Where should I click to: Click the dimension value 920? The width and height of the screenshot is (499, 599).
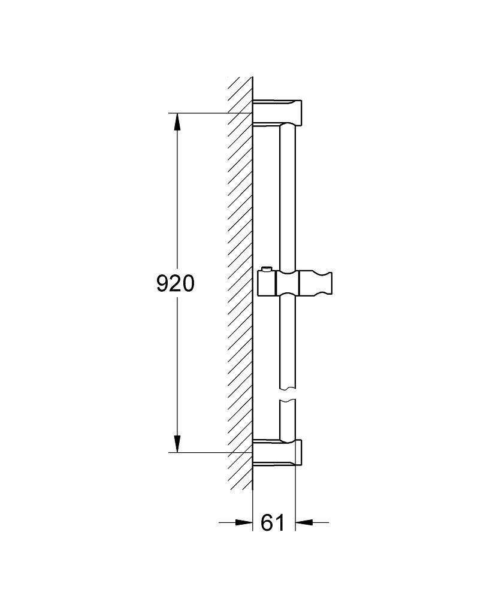[x=176, y=283]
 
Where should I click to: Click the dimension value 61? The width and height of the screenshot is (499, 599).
[x=273, y=522]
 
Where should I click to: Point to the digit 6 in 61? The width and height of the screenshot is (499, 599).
[x=267, y=522]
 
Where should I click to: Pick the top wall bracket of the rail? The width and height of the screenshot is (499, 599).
[x=279, y=111]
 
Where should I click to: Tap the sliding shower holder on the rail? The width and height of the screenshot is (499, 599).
[x=294, y=283]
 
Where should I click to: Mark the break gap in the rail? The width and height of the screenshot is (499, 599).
[x=288, y=394]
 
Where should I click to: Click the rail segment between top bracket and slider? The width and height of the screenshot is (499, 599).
[x=288, y=198]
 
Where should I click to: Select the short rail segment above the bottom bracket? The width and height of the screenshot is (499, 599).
[x=288, y=419]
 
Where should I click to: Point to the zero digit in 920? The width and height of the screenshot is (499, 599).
[x=188, y=283]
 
